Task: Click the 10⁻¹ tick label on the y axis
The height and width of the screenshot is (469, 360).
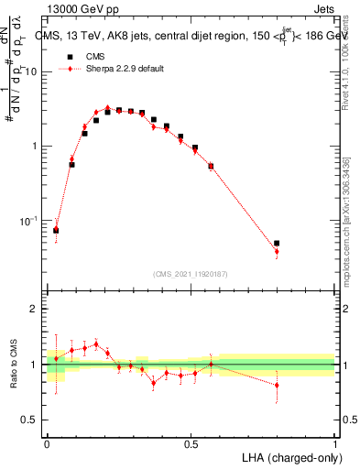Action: click(x=31, y=221)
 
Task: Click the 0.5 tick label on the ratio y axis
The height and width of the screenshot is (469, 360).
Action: click(x=33, y=420)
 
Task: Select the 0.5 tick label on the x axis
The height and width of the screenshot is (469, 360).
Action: click(x=191, y=444)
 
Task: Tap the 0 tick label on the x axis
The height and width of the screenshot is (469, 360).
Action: click(x=47, y=444)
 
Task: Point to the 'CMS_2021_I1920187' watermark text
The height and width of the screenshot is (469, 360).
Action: click(x=191, y=274)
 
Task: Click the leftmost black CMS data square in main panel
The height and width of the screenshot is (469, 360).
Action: click(x=56, y=230)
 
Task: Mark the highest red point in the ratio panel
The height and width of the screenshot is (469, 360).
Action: click(x=96, y=344)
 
